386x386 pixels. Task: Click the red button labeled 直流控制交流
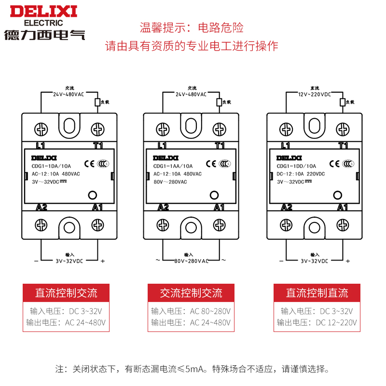tap(66, 293)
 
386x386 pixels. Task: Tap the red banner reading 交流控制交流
tap(191, 293)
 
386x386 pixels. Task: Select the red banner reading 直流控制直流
tap(317, 293)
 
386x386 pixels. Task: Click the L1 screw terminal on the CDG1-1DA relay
tap(41, 129)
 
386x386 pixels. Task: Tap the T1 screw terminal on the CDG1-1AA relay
tap(220, 129)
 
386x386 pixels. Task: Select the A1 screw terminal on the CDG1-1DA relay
tap(98, 225)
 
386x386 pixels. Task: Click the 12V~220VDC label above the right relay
tap(314, 95)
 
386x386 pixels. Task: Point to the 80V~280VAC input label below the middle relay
tap(191, 261)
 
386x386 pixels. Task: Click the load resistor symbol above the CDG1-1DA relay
tap(97, 102)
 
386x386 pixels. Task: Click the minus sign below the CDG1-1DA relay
tap(36, 261)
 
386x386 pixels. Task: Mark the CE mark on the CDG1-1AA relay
tap(211, 163)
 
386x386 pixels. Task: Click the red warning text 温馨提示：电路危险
tap(192, 27)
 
